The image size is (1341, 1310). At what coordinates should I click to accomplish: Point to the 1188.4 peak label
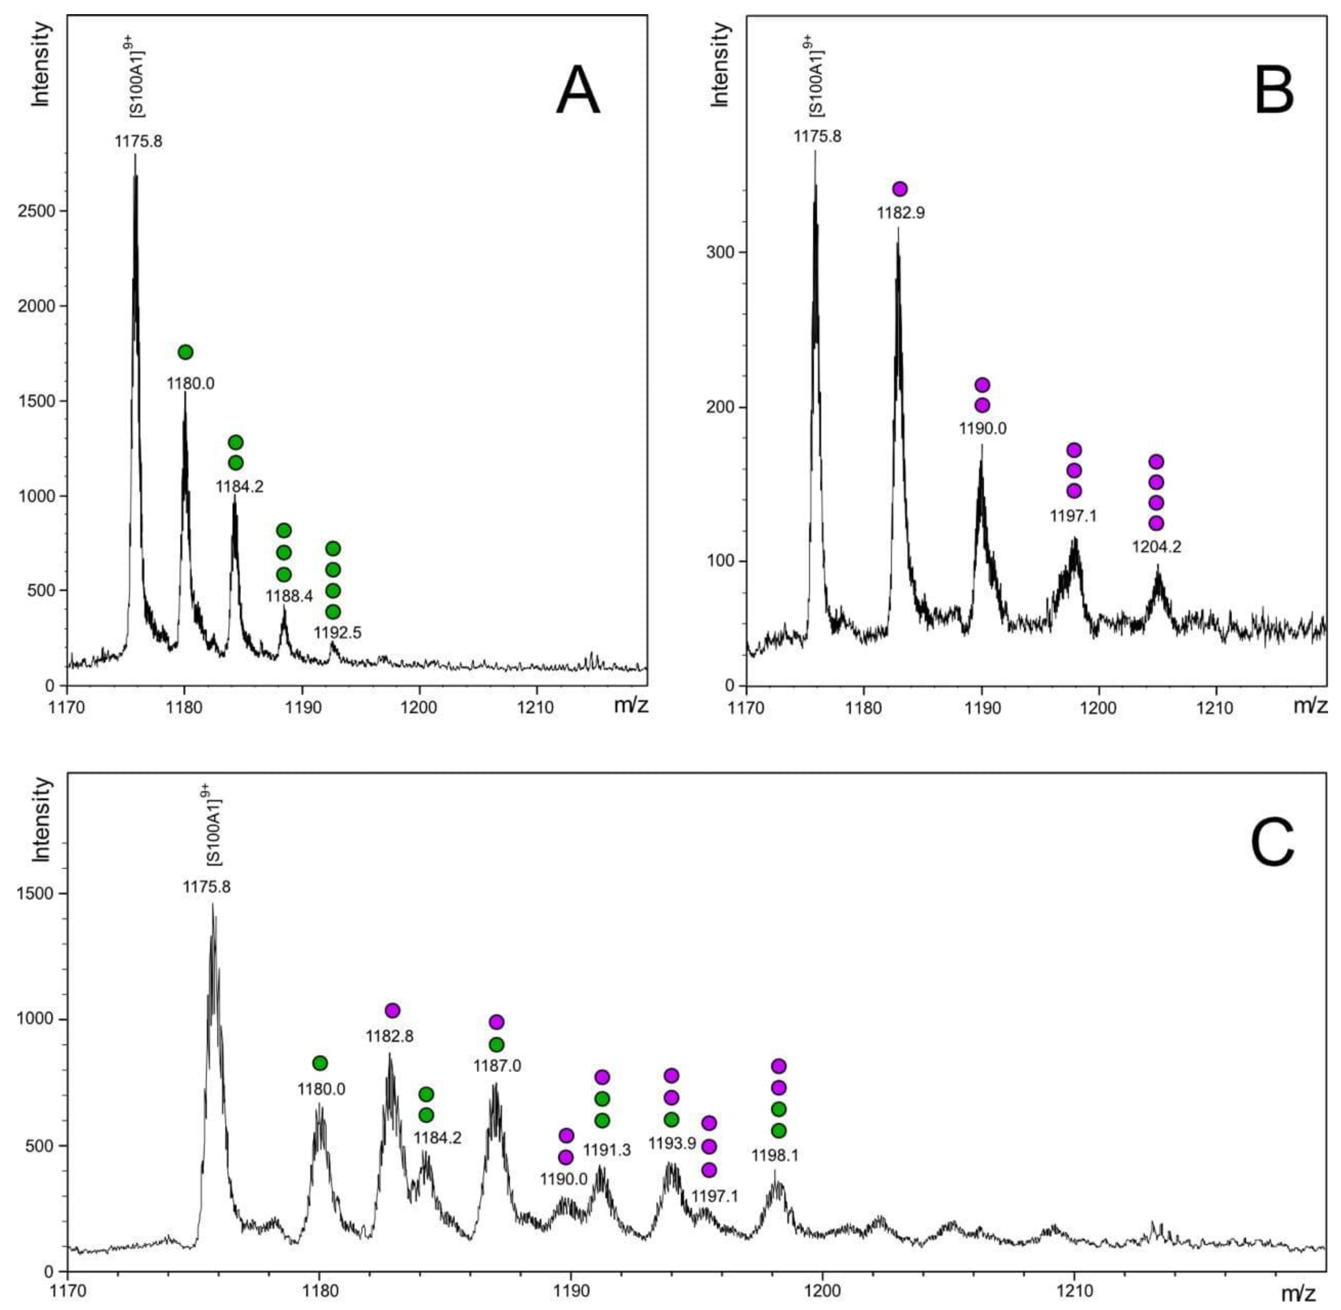pos(289,596)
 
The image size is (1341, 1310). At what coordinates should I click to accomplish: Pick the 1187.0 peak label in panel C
pos(497,1066)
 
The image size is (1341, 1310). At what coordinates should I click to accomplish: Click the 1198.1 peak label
pos(775,1155)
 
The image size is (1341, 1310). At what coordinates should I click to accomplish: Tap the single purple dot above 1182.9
pos(899,189)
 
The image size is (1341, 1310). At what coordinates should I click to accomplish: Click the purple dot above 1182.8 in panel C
pos(392,1010)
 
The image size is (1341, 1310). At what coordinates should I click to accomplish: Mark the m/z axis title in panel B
pos(1309,705)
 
